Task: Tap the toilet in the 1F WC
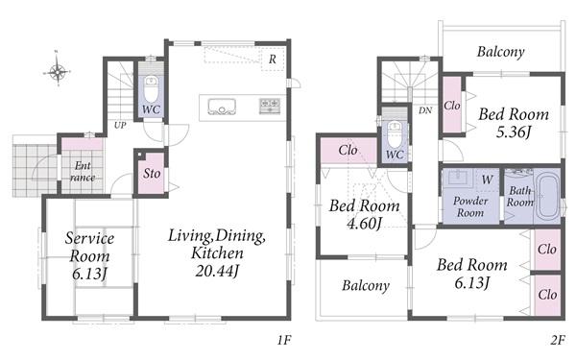[151, 89]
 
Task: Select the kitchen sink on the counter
[222, 107]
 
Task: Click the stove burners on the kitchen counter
[270, 106]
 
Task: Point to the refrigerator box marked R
[273, 59]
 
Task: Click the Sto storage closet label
[152, 174]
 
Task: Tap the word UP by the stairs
[120, 125]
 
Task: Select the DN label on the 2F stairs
[425, 110]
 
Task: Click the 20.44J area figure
[217, 271]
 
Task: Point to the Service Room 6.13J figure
[89, 274]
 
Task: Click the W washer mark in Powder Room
[487, 180]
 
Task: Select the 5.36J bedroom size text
[514, 132]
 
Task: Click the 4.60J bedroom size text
[364, 223]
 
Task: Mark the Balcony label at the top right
[500, 52]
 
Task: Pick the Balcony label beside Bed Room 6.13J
[366, 285]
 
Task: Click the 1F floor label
[284, 341]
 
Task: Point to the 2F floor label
[558, 341]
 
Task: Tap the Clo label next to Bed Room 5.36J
[452, 106]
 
